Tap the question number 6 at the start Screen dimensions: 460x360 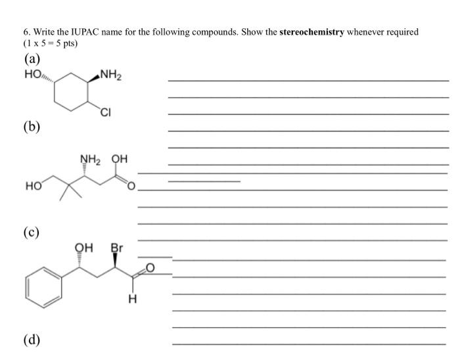pos(28,32)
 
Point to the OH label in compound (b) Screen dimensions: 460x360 pos(119,158)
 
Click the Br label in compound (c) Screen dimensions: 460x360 pos(116,249)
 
